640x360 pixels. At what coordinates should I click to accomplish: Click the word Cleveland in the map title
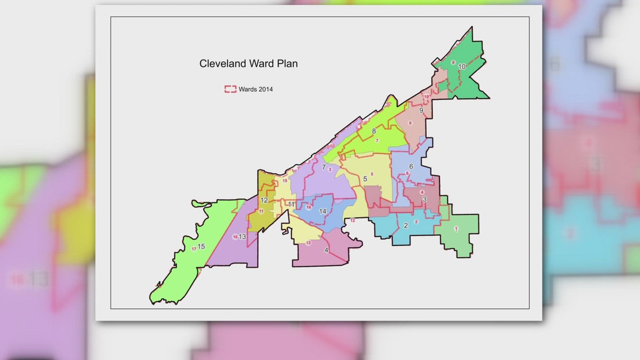point(223,63)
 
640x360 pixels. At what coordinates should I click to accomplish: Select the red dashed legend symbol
point(230,89)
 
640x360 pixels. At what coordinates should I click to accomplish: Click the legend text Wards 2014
point(255,89)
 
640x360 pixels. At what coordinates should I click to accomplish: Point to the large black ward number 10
point(461,66)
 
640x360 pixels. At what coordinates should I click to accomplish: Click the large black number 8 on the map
point(373,131)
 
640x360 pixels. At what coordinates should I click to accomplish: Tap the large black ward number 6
point(411,166)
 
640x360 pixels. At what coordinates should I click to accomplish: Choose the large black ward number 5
point(365,179)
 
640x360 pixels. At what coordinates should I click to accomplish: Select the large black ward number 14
point(322,211)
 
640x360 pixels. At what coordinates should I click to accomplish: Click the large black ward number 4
point(326,250)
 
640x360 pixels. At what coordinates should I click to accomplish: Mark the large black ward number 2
point(405,226)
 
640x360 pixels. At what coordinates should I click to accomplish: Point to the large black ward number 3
point(424,199)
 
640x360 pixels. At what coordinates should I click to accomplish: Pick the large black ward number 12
point(264,200)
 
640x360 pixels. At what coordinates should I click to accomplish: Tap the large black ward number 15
point(201,247)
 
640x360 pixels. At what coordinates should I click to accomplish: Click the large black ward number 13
point(243,236)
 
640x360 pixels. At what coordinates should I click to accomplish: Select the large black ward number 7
point(324,167)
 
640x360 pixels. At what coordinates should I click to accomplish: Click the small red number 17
point(194,249)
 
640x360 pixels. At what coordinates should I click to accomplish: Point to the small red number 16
point(235,236)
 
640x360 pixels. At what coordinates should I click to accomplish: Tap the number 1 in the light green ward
point(456,229)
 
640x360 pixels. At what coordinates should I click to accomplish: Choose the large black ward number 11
point(291,204)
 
